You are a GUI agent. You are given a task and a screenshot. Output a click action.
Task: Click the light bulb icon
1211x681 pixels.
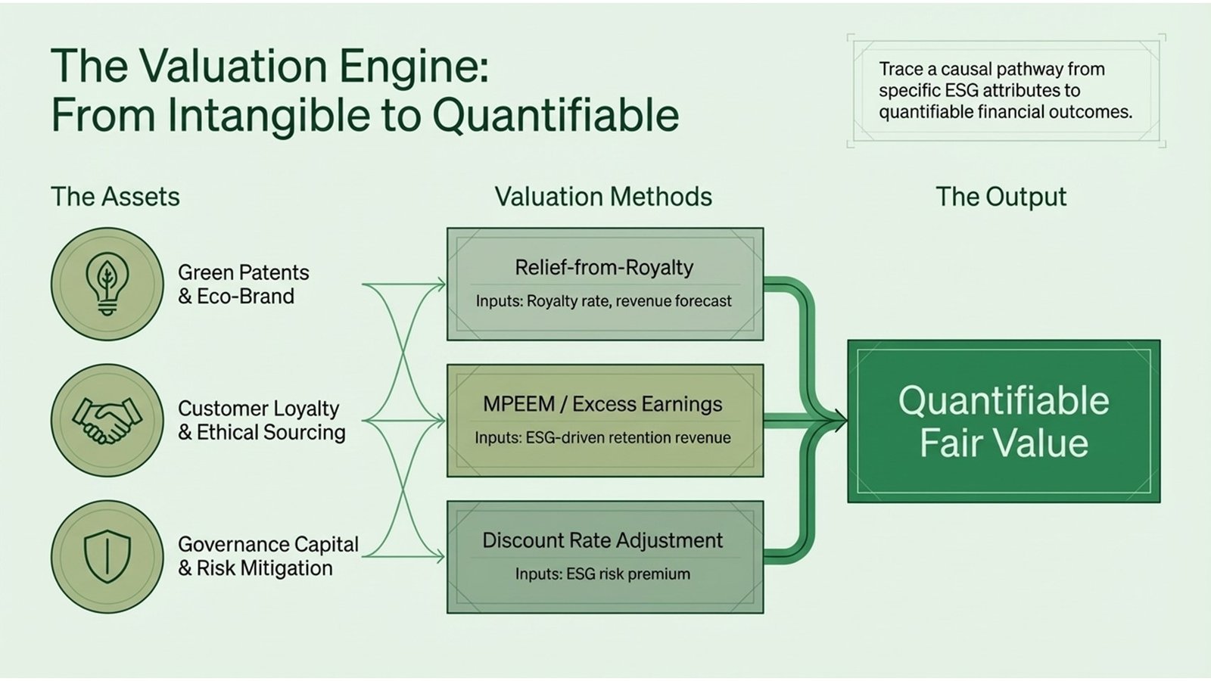pyautogui.click(x=107, y=284)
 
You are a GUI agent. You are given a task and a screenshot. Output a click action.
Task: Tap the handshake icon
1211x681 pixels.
pyautogui.click(x=107, y=421)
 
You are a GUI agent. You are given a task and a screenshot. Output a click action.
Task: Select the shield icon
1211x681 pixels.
pyautogui.click(x=107, y=557)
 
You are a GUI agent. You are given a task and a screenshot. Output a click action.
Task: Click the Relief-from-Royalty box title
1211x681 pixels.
pyautogui.click(x=604, y=267)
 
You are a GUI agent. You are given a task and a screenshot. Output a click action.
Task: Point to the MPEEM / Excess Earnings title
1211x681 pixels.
pyautogui.click(x=602, y=404)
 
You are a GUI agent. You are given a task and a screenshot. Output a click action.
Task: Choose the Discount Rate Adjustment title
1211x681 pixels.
pyautogui.click(x=602, y=540)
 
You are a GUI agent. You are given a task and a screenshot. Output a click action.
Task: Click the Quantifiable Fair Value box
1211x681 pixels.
pyautogui.click(x=1004, y=421)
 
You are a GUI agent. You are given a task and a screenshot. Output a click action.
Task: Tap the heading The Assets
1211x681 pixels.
pyautogui.click(x=115, y=197)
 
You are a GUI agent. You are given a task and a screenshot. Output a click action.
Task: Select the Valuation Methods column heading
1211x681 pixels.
pyautogui.click(x=603, y=197)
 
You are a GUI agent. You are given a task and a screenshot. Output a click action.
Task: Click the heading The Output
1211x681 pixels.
pyautogui.click(x=1001, y=197)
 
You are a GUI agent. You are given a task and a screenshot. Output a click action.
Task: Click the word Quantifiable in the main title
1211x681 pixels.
pyautogui.click(x=556, y=115)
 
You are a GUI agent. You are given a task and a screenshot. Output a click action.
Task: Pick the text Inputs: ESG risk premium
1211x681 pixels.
pyautogui.click(x=602, y=574)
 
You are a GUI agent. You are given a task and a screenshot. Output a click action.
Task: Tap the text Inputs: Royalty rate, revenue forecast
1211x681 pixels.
pyautogui.click(x=603, y=301)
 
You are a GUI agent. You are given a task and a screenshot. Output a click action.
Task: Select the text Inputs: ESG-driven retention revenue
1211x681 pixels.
pyautogui.click(x=602, y=437)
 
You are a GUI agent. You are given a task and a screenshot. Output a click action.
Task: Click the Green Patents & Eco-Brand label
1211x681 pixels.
pyautogui.click(x=243, y=284)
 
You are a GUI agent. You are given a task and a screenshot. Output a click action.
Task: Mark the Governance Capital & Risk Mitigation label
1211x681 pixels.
pyautogui.click(x=267, y=556)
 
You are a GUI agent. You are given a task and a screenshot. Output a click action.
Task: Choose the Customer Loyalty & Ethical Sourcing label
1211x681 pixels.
pyautogui.click(x=261, y=420)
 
